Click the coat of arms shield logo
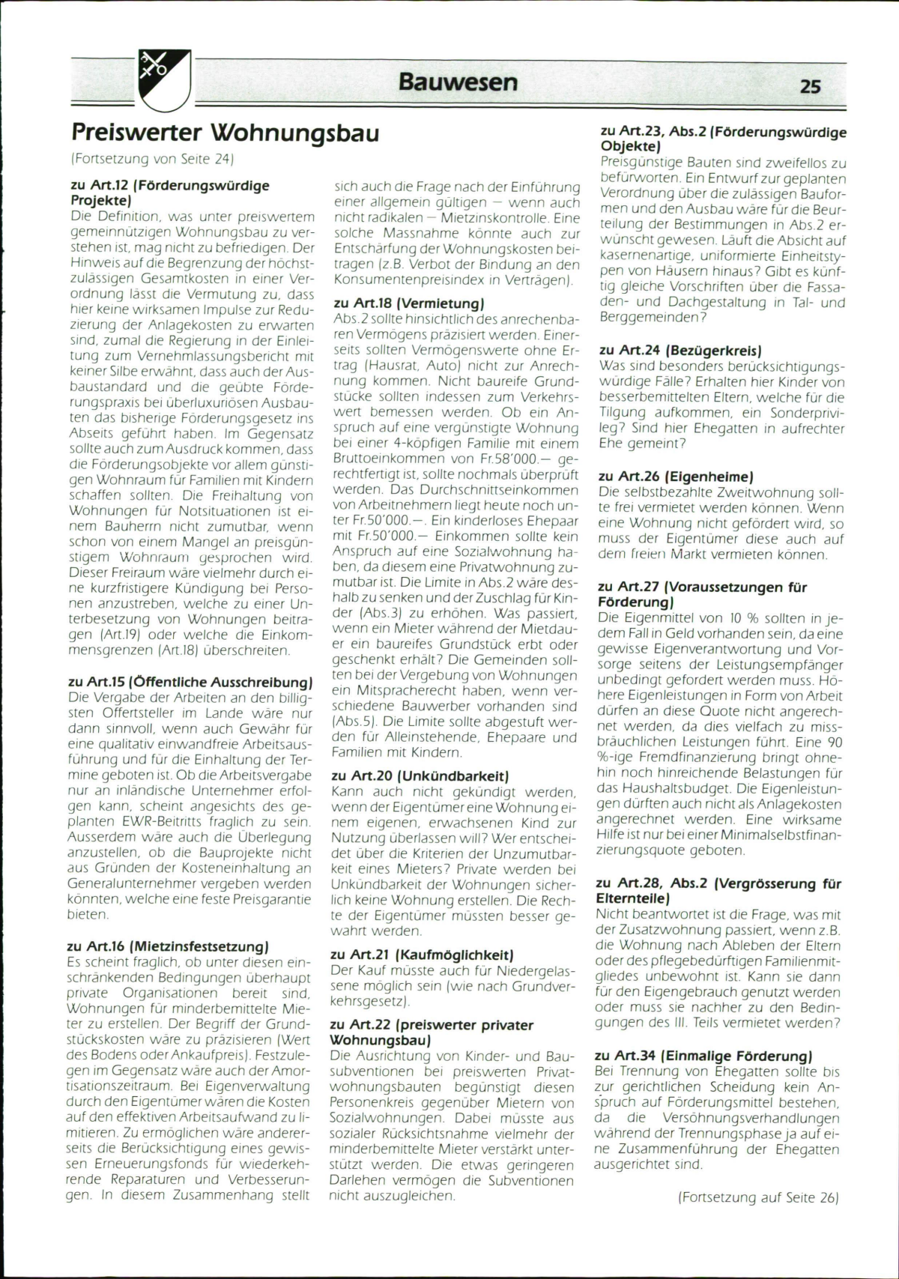tap(165, 75)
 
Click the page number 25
tap(810, 86)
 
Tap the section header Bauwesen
tap(458, 81)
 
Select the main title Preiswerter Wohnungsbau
tap(225, 133)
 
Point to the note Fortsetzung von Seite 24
tap(153, 158)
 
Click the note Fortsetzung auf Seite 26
tap(757, 1197)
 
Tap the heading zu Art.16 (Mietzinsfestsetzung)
tap(168, 946)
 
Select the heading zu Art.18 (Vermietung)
tap(408, 303)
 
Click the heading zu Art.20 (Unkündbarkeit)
tap(420, 775)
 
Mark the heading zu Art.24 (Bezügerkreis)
tap(681, 350)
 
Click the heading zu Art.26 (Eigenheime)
tap(676, 476)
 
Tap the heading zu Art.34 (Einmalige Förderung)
tap(703, 1056)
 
